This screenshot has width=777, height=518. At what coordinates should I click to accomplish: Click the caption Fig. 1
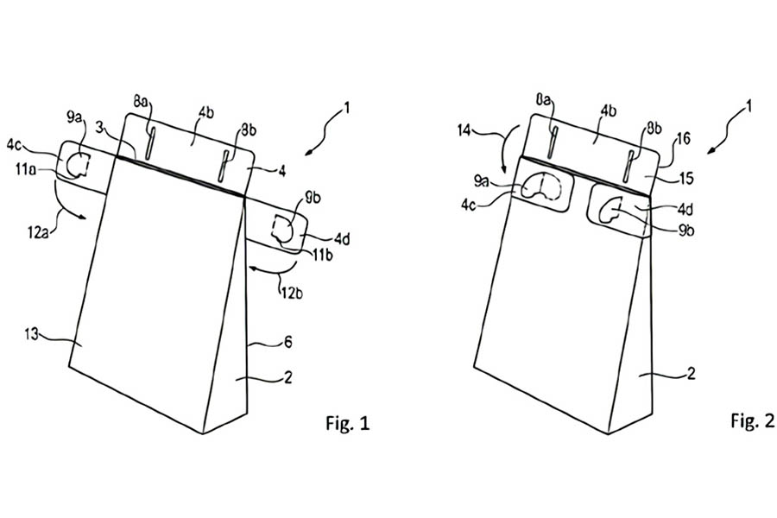click(347, 423)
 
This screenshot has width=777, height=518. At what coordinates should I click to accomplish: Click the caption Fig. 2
click(752, 420)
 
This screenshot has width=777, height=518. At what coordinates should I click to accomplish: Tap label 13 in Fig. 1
click(32, 334)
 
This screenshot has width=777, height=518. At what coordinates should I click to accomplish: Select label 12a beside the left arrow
click(38, 232)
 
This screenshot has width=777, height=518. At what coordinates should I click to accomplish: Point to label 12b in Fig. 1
click(292, 293)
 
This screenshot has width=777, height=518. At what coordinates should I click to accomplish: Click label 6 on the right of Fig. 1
click(287, 342)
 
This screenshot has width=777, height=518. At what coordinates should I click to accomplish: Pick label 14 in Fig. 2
click(464, 131)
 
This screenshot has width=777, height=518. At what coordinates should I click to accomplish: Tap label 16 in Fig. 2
click(684, 139)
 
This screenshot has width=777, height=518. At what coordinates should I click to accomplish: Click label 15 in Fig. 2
click(685, 178)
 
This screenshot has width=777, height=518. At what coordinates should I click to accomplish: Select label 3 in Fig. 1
click(99, 128)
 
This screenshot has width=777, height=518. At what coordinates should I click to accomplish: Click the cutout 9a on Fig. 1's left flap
click(78, 165)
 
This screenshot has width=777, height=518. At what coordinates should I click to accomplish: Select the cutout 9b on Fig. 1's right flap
click(283, 229)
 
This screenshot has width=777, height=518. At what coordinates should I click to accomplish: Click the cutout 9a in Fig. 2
click(540, 186)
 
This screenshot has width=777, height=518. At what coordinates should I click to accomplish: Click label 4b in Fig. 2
click(609, 111)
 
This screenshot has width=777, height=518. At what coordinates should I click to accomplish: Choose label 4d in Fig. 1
click(342, 239)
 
